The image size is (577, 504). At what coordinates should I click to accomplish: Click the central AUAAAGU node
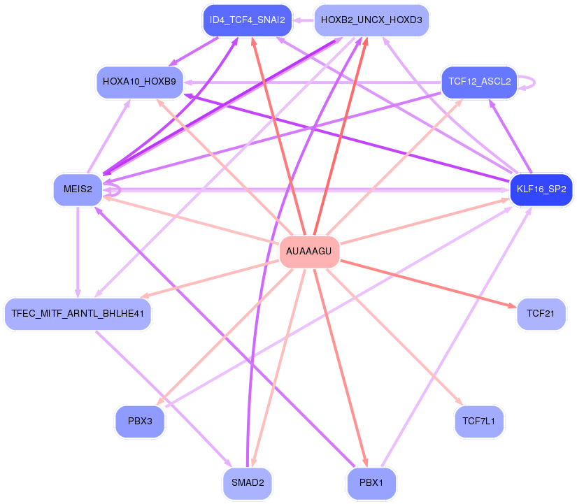(309, 252)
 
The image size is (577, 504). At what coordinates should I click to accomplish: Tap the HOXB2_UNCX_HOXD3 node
(371, 20)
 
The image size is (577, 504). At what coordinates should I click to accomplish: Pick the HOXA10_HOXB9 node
(140, 82)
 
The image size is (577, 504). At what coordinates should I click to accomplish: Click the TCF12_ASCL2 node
(479, 82)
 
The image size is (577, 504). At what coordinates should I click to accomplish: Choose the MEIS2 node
(78, 189)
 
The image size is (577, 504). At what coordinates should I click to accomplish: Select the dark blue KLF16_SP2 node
(541, 189)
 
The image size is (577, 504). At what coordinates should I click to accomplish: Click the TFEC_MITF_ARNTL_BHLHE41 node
(78, 313)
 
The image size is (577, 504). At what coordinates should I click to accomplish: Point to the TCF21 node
(541, 314)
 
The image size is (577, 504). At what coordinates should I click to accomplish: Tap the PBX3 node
(140, 422)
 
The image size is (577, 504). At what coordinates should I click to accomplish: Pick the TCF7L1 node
(479, 422)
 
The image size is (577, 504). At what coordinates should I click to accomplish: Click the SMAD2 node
(248, 483)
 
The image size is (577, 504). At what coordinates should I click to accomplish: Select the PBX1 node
(371, 483)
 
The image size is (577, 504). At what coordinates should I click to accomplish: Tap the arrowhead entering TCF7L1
(460, 402)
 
